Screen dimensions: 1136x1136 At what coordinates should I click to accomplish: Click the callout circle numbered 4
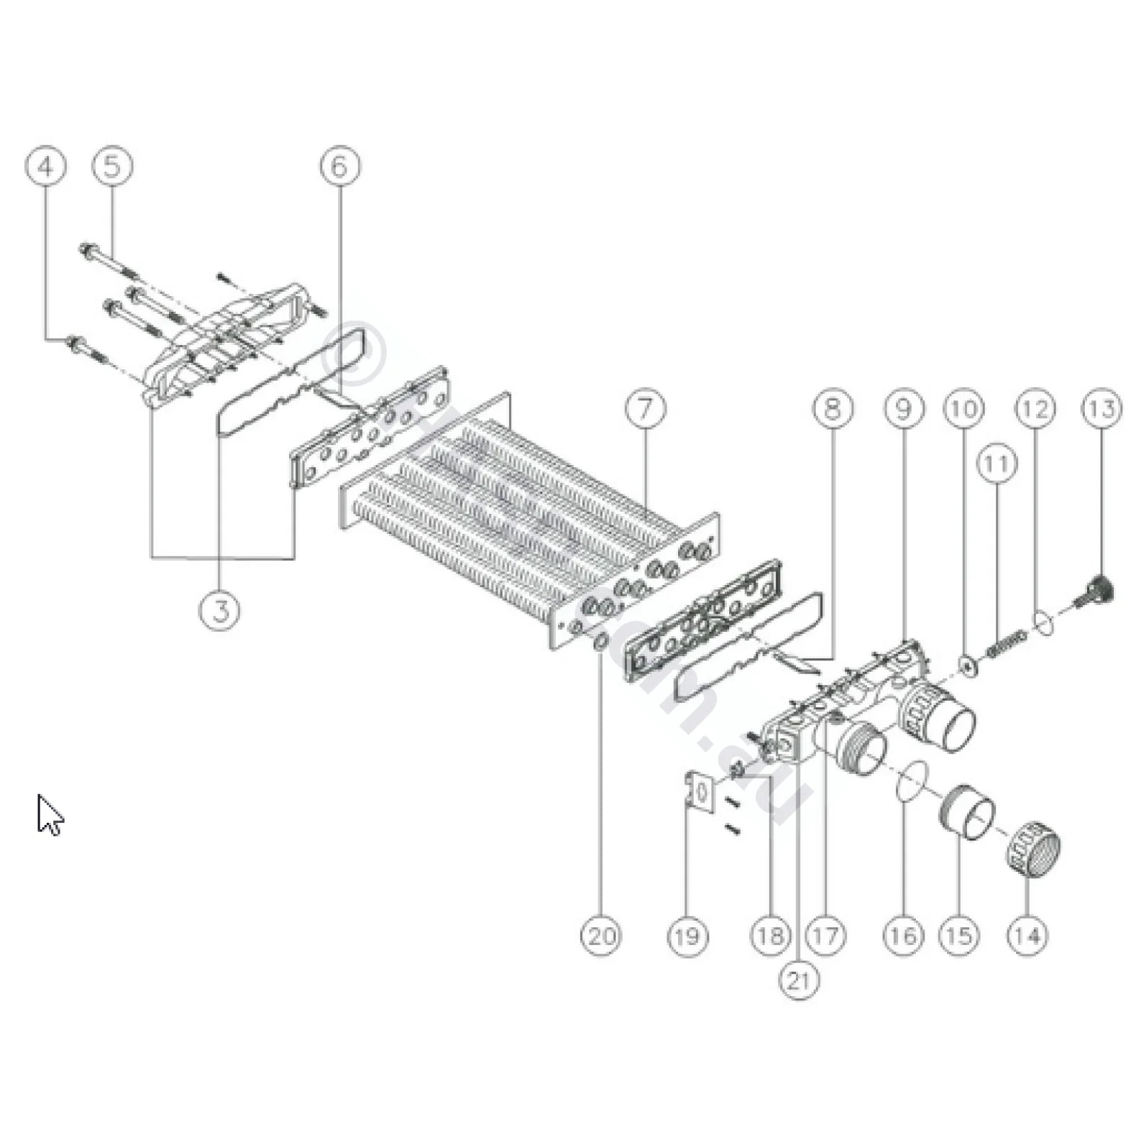point(45,168)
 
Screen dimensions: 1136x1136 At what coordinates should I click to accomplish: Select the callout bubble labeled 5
point(112,168)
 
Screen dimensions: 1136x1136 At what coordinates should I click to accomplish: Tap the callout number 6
point(339,168)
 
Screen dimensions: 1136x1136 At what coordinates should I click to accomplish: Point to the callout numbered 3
point(220,610)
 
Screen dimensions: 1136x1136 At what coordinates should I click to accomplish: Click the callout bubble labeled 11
point(997,464)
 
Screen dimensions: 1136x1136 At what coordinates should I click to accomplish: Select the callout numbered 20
point(601,936)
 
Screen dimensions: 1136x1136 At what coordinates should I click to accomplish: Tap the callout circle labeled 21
point(799,980)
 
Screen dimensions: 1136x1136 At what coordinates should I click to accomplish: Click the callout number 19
point(687,936)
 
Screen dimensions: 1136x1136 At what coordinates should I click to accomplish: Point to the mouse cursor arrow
point(50,815)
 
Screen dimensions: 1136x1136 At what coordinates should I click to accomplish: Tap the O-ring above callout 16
point(911,779)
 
